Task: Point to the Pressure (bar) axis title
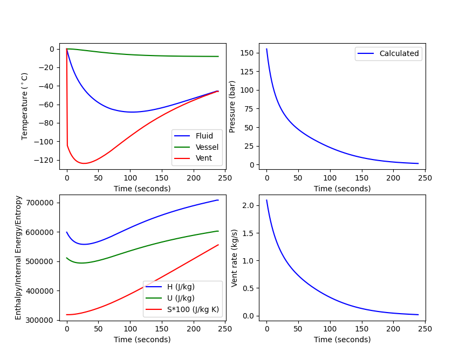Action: (232, 106)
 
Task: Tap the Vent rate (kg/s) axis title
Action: (235, 258)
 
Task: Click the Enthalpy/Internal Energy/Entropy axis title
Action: (19, 258)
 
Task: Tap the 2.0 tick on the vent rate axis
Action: (249, 205)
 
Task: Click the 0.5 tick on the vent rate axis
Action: (249, 288)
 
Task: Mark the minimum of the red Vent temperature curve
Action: (84, 163)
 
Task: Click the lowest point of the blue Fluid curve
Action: (132, 112)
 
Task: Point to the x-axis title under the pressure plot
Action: (342, 189)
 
